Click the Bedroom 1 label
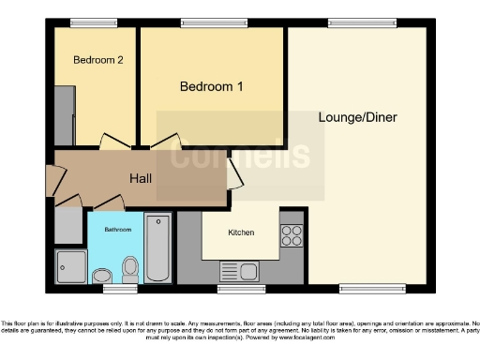point(212,87)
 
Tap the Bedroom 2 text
point(98,60)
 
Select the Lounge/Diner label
point(358,118)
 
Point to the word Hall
point(141,178)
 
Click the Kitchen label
point(241,232)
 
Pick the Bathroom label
point(117,230)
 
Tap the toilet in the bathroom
point(130,269)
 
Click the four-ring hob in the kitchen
point(292,234)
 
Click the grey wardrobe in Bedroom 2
point(65,115)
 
